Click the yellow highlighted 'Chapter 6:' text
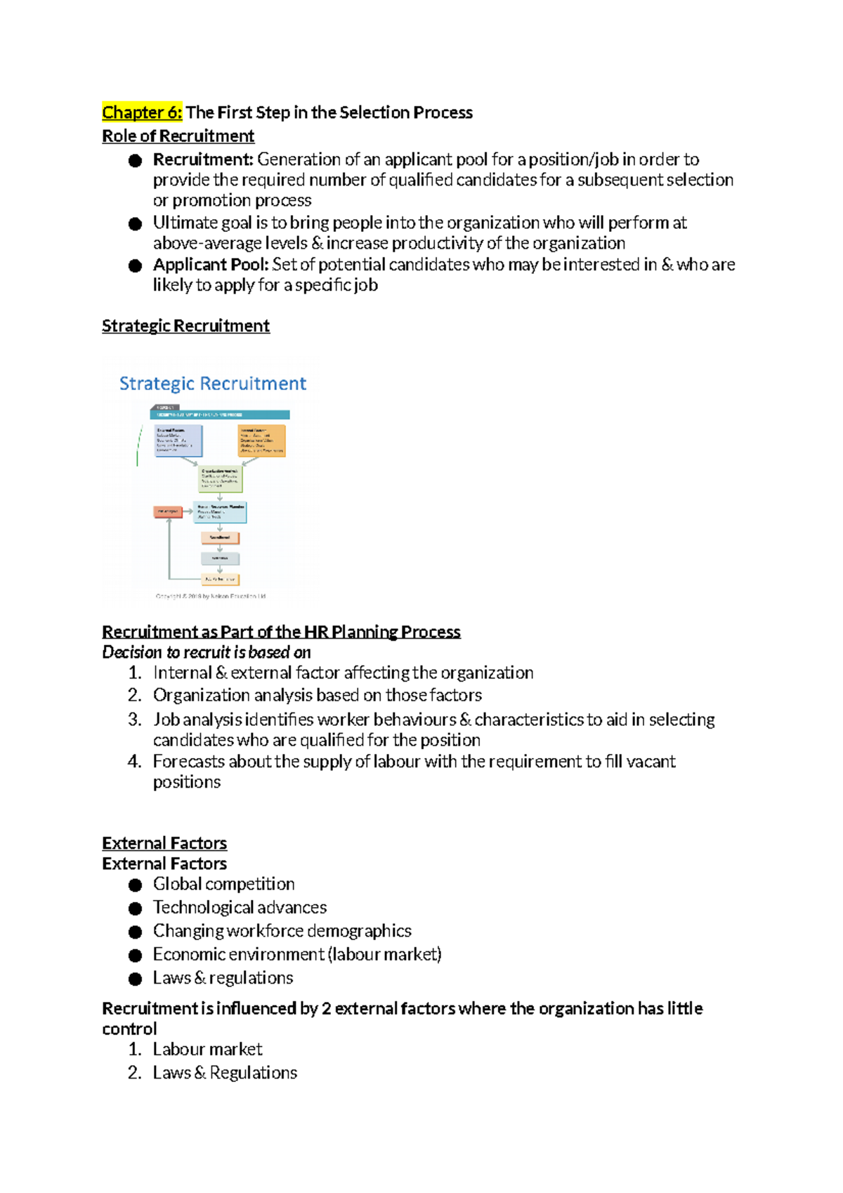click(x=142, y=112)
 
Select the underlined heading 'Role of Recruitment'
click(x=178, y=136)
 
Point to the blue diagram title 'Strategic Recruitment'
click(x=213, y=384)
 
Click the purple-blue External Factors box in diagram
click(x=178, y=441)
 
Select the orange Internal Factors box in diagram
click(x=262, y=441)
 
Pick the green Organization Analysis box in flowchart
click(x=221, y=479)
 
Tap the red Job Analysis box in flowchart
click(x=168, y=511)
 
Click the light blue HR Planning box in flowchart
click(x=221, y=512)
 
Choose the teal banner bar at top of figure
click(x=221, y=415)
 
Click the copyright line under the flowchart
click(x=211, y=596)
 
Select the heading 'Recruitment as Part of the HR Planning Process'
click(x=281, y=632)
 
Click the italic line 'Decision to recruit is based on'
click(x=207, y=652)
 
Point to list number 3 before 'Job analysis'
click(x=135, y=719)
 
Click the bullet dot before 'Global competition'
click(x=136, y=885)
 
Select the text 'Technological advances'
click(x=240, y=908)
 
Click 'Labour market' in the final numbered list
click(x=207, y=1050)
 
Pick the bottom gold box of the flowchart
click(x=221, y=580)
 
